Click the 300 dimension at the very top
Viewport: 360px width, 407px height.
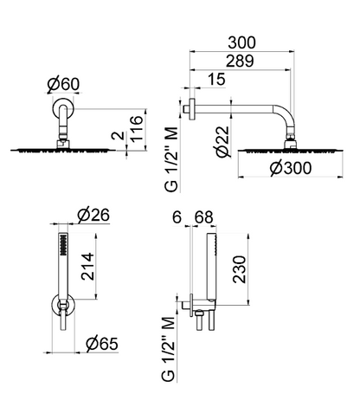tap(241, 42)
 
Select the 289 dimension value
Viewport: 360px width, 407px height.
tap(240, 61)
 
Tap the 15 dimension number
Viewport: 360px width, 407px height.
tap(216, 79)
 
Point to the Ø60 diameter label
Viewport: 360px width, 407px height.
tap(63, 85)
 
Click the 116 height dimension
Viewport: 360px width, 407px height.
tap(137, 128)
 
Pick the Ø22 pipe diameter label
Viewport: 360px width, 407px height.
tap(222, 142)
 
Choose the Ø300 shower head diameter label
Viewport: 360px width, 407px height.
tap(291, 168)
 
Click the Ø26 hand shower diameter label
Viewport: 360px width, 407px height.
tap(93, 215)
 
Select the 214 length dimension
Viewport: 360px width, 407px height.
tap(87, 266)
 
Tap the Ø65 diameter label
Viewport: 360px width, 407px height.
tap(102, 344)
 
